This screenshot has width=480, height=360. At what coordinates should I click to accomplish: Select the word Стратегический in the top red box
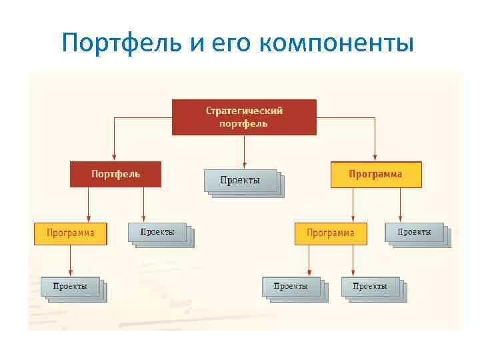pyautogui.click(x=244, y=111)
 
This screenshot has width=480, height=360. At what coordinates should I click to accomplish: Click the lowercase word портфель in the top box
pyautogui.click(x=244, y=123)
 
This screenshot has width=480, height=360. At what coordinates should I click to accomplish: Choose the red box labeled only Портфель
pyautogui.click(x=116, y=174)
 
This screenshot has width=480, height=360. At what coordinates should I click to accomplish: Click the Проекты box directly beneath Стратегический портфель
pyautogui.click(x=241, y=180)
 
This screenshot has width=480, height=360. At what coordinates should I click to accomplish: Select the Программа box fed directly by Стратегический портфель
pyautogui.click(x=376, y=174)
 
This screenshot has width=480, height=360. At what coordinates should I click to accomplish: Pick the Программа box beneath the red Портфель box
pyautogui.click(x=71, y=233)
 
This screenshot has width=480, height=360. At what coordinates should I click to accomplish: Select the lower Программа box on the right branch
pyautogui.click(x=331, y=233)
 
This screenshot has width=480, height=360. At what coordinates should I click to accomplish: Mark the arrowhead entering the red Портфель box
pyautogui.click(x=114, y=157)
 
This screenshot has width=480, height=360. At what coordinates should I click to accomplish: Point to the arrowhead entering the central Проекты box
pyautogui.click(x=245, y=165)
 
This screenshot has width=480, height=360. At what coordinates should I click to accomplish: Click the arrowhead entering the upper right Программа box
pyautogui.click(x=375, y=157)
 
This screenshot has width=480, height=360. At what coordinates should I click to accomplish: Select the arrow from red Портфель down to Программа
pyautogui.click(x=88, y=203)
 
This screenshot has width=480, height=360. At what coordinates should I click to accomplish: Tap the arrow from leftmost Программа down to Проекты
pyautogui.click(x=71, y=260)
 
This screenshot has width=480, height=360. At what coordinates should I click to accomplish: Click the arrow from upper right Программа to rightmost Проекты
pyautogui.click(x=400, y=203)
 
